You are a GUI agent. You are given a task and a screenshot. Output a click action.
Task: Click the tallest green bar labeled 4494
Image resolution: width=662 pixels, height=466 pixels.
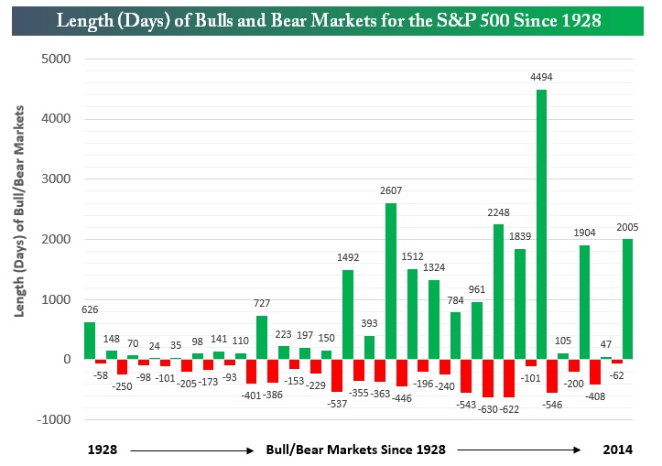(541, 224)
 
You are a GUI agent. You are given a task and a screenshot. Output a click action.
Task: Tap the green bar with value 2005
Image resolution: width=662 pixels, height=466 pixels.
(628, 298)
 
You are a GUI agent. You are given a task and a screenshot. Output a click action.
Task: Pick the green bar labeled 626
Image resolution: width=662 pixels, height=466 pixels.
(90, 341)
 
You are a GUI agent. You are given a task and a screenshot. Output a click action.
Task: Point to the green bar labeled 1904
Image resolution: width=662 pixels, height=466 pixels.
(584, 302)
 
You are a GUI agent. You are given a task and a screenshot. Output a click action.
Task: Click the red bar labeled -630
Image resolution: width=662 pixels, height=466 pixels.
(487, 378)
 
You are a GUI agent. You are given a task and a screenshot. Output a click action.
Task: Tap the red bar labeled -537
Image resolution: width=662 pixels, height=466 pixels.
(337, 375)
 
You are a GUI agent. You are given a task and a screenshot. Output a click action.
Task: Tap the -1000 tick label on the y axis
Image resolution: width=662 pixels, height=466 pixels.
(54, 419)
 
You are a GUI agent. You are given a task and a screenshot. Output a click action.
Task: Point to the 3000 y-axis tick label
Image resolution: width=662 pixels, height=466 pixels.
(57, 179)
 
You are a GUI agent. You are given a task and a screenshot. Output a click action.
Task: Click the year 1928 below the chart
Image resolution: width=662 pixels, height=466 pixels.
(103, 450)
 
